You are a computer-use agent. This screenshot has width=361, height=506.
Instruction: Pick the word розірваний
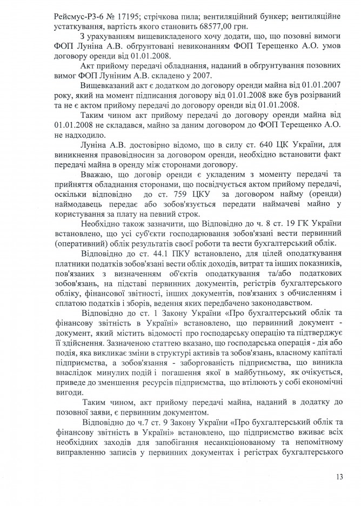[x=307, y=96]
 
